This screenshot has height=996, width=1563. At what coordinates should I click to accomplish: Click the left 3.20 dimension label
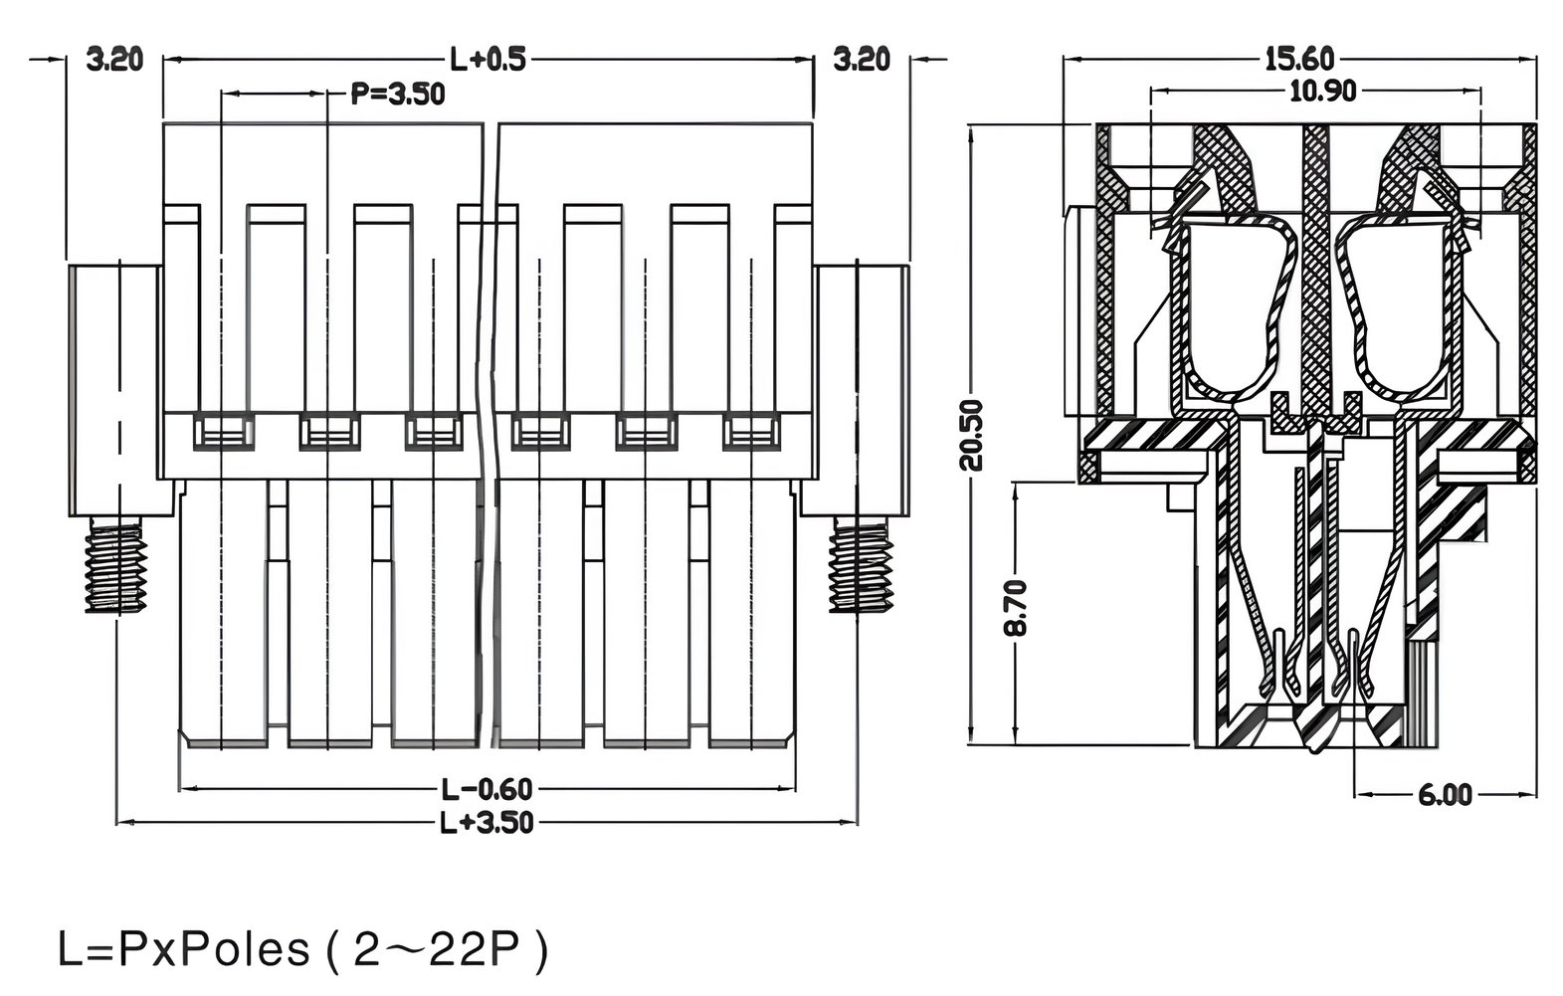point(114,60)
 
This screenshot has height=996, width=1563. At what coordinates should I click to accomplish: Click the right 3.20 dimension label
point(861,60)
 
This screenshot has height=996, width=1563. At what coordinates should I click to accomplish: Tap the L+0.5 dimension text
point(488,60)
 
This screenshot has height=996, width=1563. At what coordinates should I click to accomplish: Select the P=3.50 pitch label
point(398,95)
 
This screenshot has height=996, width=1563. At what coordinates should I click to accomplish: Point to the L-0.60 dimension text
point(488,790)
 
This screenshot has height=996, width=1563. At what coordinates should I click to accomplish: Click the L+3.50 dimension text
point(488,823)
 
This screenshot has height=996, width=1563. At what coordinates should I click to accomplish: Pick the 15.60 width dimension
point(1299,60)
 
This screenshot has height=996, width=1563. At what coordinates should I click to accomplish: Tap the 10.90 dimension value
point(1322,92)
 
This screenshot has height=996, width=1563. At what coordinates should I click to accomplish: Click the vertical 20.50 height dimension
point(972,435)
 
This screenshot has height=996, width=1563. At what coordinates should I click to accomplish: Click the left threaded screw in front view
point(115,567)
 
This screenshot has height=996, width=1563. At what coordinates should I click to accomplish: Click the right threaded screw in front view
point(861,567)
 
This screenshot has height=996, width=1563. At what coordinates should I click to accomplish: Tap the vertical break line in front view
point(489,438)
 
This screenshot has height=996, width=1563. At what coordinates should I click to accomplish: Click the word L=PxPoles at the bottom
point(184,950)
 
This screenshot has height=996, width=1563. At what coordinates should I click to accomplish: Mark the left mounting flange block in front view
point(115,388)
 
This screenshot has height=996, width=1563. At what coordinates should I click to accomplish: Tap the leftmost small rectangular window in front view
point(223,432)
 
